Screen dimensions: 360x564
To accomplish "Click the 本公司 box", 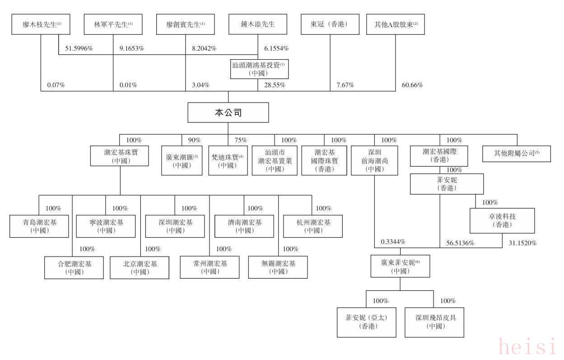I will [x=228, y=112].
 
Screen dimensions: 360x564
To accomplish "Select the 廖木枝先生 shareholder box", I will [x=41, y=24].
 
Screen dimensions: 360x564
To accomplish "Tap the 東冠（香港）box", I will [x=330, y=24].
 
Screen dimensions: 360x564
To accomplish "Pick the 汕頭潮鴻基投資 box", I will [x=259, y=69].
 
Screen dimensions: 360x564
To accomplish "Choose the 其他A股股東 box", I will [x=396, y=24].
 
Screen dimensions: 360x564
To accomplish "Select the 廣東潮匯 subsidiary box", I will [x=182, y=160].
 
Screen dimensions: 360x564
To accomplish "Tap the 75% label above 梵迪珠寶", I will [x=241, y=140].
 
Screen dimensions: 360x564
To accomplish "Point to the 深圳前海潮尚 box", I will [x=375, y=160].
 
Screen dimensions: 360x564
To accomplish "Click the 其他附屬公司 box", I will [x=517, y=153].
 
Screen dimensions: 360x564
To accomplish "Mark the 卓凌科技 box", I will [x=502, y=221].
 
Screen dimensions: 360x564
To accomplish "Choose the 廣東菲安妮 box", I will [x=400, y=266].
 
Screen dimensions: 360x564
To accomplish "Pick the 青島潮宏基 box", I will [x=40, y=226].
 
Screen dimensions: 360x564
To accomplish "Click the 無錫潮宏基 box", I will [x=278, y=267].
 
